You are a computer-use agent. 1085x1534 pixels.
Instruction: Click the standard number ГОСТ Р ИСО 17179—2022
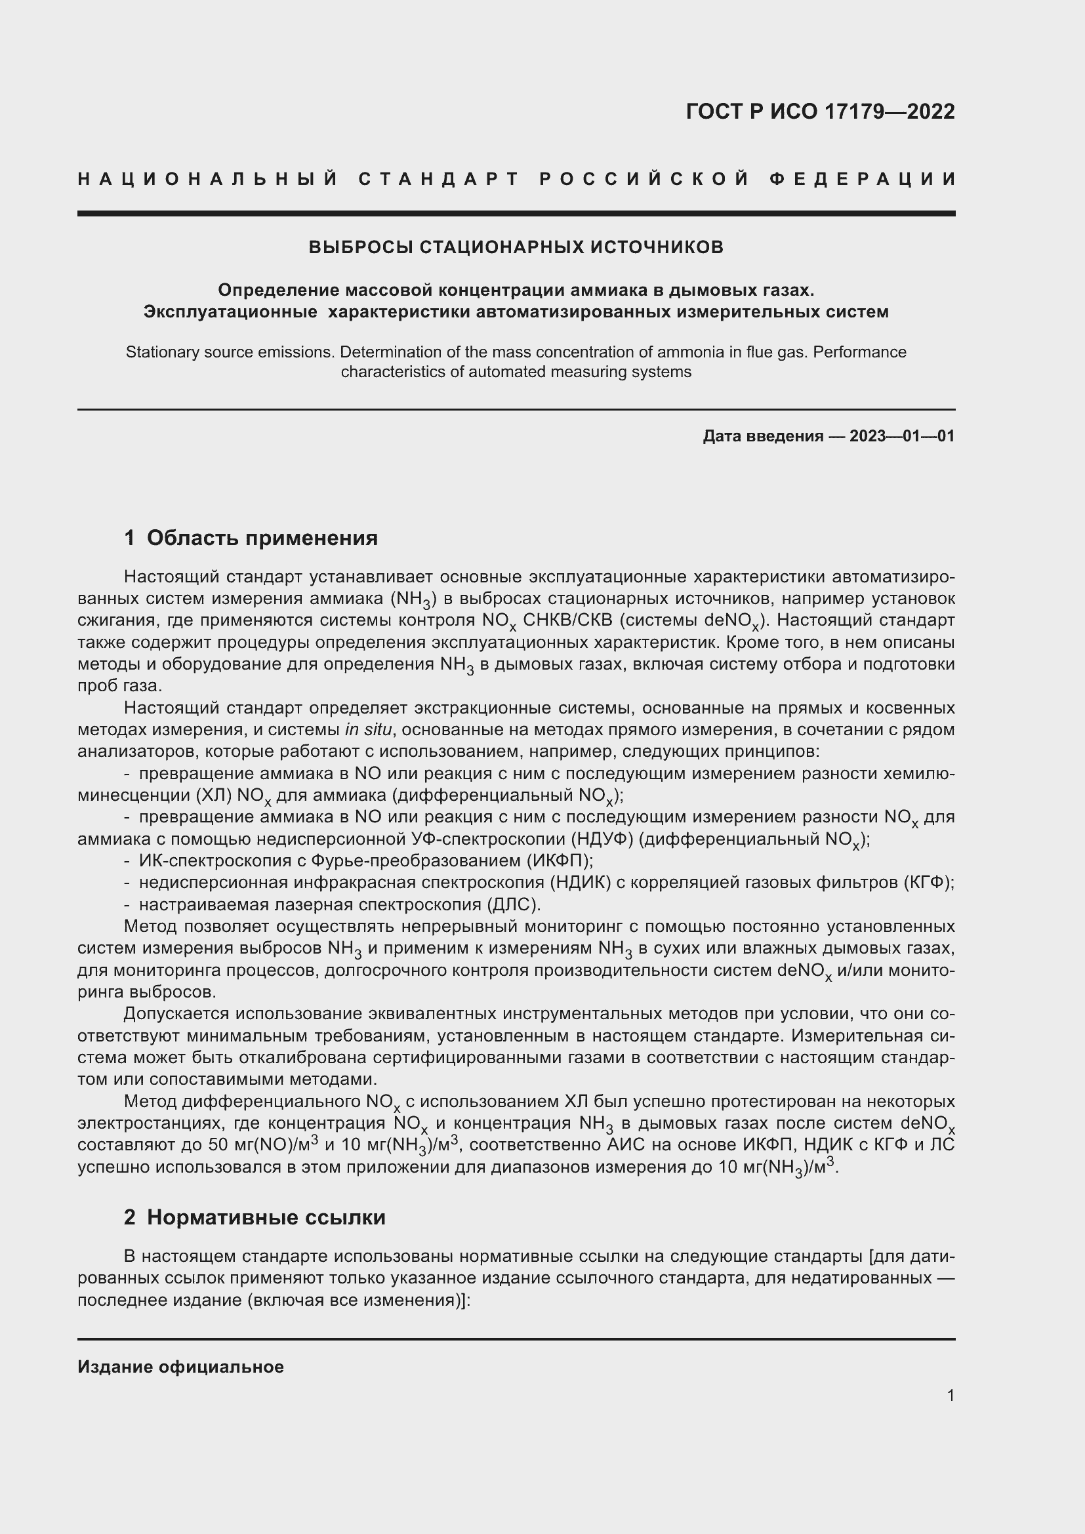(820, 111)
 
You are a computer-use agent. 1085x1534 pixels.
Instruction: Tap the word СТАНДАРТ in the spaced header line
(439, 179)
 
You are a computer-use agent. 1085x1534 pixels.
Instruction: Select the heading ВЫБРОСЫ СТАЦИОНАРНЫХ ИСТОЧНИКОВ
(516, 247)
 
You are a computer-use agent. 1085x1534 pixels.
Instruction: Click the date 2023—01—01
(902, 436)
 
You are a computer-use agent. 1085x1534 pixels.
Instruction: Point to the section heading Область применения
(262, 538)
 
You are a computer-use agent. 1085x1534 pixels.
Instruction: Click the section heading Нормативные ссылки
(266, 1217)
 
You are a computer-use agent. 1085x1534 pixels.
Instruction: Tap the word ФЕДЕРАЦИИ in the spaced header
(862, 179)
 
